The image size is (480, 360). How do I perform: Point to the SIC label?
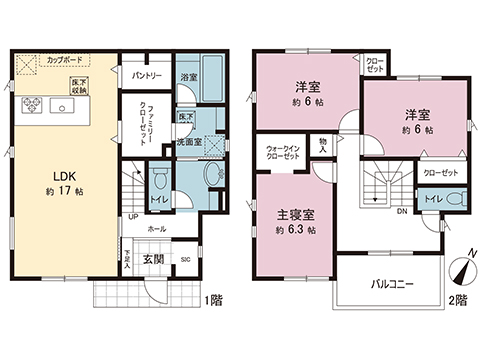[185, 260]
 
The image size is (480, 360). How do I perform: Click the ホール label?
[157, 229]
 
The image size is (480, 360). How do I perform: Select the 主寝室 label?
[296, 214]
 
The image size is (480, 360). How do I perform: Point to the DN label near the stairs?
[401, 212]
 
